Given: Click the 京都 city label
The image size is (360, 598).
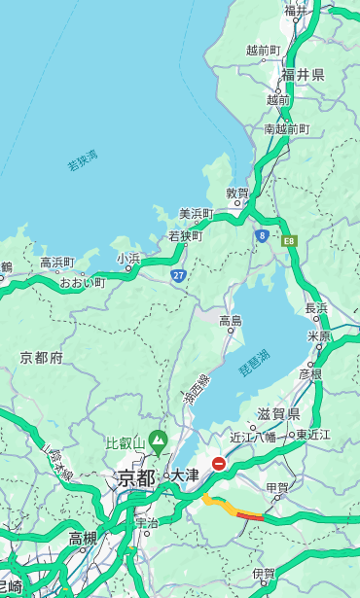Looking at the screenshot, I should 136,477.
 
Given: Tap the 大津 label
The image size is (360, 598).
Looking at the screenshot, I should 185,476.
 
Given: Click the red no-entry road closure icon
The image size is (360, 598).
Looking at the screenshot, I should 219,464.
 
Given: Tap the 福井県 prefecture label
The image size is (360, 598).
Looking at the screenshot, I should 303,75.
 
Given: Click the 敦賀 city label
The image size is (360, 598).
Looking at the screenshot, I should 237,193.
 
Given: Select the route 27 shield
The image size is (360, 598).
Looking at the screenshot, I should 178,276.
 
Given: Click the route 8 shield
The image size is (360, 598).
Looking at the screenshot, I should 262,235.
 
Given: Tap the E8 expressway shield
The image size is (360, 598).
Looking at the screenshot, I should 288,240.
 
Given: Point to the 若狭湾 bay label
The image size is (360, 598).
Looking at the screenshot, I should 83,159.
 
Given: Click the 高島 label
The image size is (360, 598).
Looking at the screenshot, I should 231,321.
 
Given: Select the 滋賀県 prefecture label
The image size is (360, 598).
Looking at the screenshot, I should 277,414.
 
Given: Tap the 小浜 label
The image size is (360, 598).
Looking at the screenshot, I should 128,259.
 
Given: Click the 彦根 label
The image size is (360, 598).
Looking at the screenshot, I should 310,373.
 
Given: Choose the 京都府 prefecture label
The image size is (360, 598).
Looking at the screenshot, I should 42,358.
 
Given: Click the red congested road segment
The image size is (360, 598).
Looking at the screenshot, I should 250,516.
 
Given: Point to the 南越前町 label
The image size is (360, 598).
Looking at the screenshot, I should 286,129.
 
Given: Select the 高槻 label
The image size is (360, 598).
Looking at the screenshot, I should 83,538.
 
